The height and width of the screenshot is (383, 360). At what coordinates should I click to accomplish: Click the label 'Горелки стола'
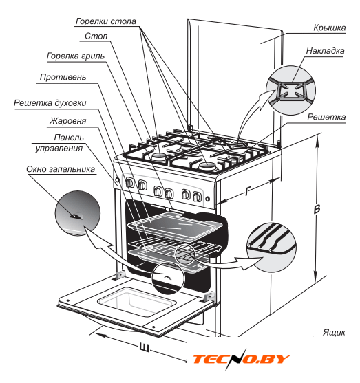point(105,21)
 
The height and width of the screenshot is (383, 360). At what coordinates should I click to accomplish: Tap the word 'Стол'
point(96,36)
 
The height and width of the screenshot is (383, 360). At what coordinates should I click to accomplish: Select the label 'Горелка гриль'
point(76,56)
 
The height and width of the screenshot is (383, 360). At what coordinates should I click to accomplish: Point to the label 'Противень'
point(63,77)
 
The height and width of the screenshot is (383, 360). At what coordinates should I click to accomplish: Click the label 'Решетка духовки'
point(50,103)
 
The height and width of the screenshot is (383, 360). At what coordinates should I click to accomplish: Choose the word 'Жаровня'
point(67,121)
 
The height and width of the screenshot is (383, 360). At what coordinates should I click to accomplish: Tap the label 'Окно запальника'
point(61,169)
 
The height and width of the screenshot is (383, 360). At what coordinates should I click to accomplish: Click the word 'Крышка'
point(330,28)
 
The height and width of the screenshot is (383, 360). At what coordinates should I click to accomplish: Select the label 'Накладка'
point(325,51)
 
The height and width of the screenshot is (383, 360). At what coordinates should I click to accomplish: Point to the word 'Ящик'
point(334,332)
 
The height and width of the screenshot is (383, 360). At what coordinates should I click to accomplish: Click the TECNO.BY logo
point(241,359)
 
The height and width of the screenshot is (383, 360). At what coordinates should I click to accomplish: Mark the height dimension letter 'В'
point(317,209)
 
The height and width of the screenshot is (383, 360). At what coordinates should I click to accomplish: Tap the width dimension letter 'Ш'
point(145,347)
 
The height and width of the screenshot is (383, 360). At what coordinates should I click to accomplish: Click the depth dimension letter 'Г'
point(248,190)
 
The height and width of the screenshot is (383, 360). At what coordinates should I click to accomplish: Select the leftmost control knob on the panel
point(129,183)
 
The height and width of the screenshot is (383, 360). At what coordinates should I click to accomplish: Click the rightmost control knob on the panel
point(197,197)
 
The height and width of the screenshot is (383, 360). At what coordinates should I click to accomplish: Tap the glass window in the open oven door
point(137,302)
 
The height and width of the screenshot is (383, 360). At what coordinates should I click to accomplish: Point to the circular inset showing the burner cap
point(290,90)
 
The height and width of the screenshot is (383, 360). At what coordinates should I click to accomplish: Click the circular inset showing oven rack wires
point(271,248)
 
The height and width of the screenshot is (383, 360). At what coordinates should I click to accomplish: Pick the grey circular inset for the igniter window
point(78,213)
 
